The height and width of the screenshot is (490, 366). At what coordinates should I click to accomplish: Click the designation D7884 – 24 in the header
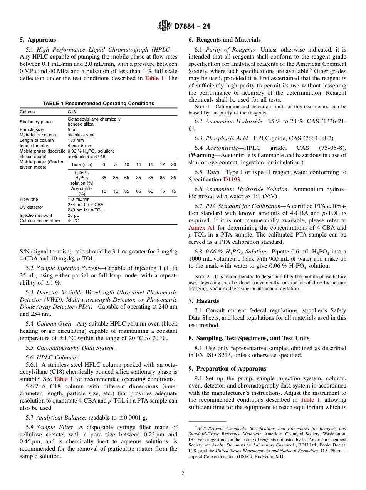(x=192, y=27)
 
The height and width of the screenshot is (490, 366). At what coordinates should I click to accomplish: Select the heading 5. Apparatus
(x=38, y=40)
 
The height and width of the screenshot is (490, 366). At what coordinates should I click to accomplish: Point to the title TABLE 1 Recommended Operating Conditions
(x=98, y=104)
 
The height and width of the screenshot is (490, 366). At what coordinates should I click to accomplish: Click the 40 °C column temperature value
(x=73, y=220)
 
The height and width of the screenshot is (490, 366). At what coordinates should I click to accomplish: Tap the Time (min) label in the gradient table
(x=82, y=164)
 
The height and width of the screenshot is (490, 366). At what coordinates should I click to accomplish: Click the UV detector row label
(x=31, y=207)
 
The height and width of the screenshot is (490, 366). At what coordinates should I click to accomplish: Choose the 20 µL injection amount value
(x=73, y=215)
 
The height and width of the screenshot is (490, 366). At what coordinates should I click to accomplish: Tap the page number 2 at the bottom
(x=183, y=473)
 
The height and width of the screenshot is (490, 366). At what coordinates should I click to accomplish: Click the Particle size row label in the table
(x=32, y=129)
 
